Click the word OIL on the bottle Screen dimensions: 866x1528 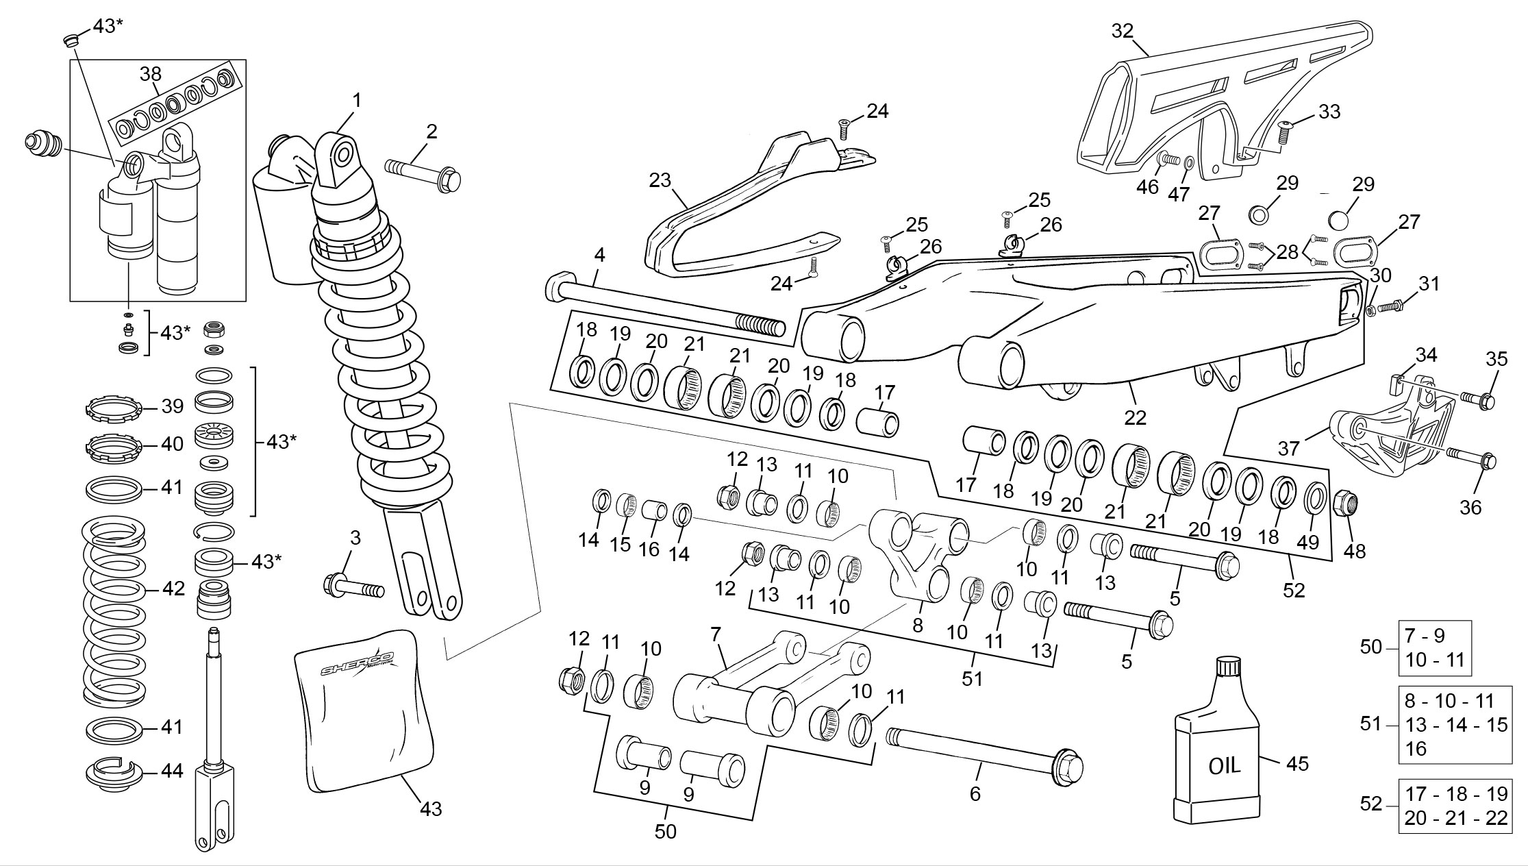click(1224, 765)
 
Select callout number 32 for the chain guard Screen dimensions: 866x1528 click(1123, 31)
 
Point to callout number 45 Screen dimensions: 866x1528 click(1297, 763)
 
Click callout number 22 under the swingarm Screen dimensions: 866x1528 click(1135, 417)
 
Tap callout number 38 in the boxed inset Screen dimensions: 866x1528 click(151, 73)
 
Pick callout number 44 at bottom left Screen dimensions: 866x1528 click(172, 771)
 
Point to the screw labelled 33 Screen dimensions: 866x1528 click(1283, 131)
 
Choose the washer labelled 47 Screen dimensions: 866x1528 click(1188, 164)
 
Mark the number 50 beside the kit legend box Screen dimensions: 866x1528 click(1370, 647)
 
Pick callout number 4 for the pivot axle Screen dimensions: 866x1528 click(599, 256)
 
